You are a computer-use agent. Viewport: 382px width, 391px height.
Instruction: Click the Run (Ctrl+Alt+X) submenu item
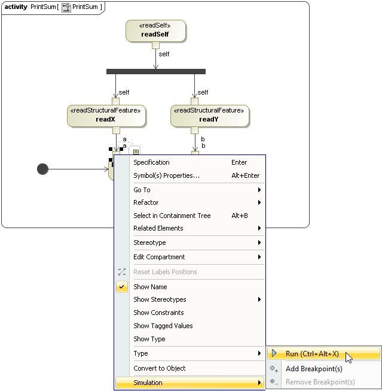click(312, 354)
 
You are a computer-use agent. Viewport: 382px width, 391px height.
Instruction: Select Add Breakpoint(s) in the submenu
click(314, 369)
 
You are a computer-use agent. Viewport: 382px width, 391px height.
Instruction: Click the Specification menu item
click(151, 162)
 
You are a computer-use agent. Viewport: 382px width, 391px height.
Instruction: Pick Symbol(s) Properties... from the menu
click(166, 175)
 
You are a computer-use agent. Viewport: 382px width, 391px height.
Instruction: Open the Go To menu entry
click(142, 190)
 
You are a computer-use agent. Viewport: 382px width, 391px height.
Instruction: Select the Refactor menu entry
click(146, 202)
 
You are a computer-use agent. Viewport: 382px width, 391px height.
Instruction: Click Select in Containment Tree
click(172, 216)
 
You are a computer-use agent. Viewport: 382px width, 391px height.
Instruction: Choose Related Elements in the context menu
click(158, 228)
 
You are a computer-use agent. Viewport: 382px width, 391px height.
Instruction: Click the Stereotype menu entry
click(149, 243)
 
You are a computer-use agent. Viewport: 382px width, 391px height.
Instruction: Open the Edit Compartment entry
click(159, 257)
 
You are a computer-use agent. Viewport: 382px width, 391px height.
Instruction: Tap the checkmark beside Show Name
click(122, 287)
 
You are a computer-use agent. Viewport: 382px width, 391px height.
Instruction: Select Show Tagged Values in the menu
click(163, 326)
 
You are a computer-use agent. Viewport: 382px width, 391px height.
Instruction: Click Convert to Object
click(159, 368)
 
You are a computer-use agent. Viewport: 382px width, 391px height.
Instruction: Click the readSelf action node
click(155, 31)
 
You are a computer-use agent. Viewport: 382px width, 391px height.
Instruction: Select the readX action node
click(106, 116)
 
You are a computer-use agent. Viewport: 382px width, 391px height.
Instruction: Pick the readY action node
click(209, 116)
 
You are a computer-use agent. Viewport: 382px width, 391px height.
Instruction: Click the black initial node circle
click(42, 169)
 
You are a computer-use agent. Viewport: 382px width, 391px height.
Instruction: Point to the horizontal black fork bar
click(155, 72)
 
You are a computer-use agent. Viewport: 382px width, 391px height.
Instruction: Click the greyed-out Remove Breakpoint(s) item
click(320, 382)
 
